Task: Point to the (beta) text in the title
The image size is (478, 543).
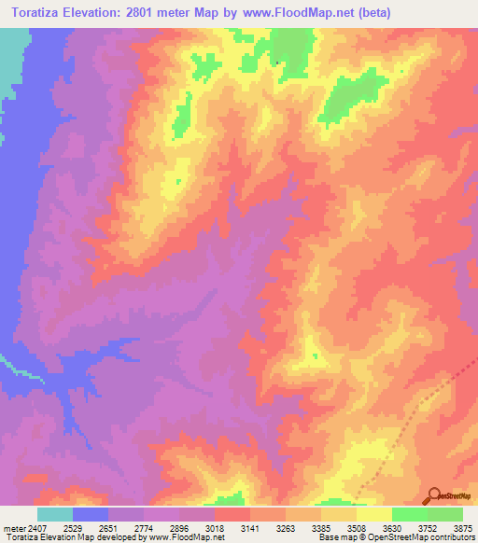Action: click(371, 12)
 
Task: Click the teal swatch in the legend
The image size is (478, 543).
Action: click(55, 513)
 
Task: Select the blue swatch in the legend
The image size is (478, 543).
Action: click(91, 513)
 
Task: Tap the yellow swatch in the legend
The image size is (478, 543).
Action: click(374, 513)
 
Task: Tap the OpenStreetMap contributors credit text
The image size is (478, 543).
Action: click(424, 538)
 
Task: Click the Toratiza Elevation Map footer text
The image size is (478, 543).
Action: click(41, 538)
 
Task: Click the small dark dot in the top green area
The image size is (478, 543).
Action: click(277, 63)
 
